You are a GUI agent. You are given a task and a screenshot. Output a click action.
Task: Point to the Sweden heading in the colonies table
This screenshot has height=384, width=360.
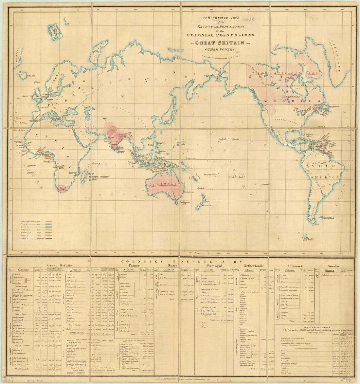coord(333,266)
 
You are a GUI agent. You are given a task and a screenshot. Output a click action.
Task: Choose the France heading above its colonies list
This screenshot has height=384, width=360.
coord(134,266)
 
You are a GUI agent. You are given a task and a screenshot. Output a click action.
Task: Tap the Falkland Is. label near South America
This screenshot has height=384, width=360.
coord(329,217)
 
